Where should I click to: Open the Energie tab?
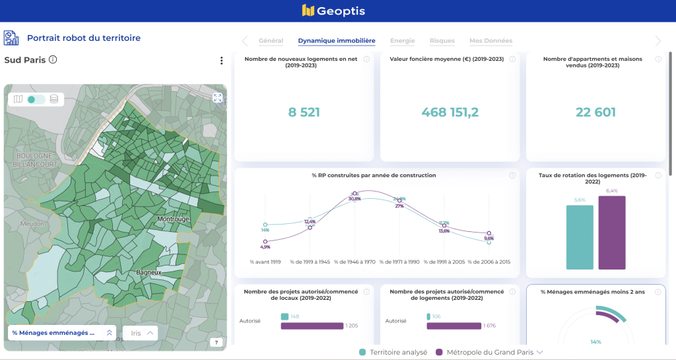tap(402, 41)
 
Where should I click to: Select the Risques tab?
tap(442, 41)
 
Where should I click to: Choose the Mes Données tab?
tap(490, 41)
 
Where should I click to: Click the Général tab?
tap(271, 41)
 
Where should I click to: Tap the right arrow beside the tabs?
tap(658, 41)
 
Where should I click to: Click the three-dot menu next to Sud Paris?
tap(222, 61)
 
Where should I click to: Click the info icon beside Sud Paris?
tap(53, 59)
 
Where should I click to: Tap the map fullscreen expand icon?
tap(217, 98)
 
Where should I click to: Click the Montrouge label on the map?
tap(173, 219)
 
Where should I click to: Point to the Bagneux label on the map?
tap(149, 271)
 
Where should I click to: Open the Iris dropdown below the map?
tap(142, 333)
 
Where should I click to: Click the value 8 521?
tap(304, 112)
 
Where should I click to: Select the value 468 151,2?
tap(450, 112)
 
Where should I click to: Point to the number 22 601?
tap(595, 112)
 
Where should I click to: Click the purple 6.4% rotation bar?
tap(611, 233)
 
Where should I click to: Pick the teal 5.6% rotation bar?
tap(580, 236)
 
